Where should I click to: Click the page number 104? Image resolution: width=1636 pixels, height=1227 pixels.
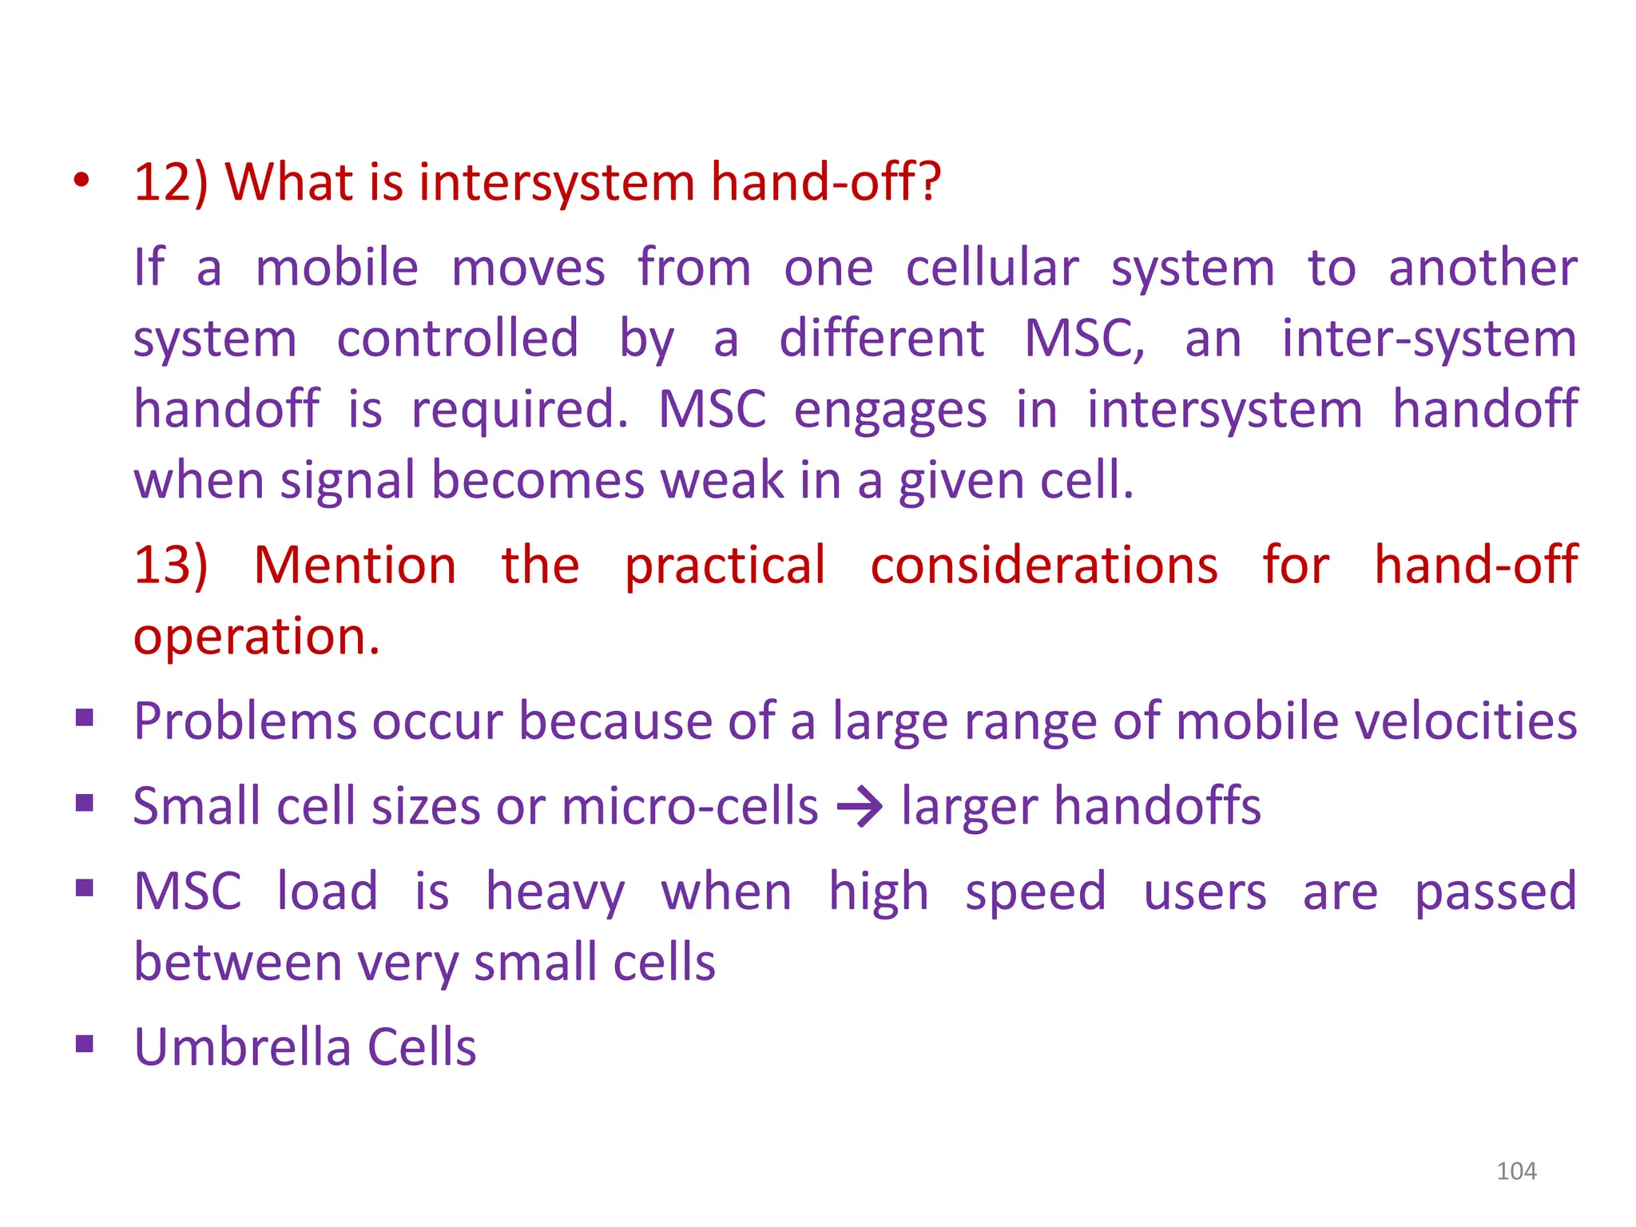click(1515, 1171)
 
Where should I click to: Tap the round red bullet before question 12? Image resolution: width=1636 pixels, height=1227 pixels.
click(81, 181)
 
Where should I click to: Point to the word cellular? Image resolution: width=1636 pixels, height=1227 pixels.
click(991, 268)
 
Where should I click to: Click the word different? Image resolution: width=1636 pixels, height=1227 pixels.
click(880, 339)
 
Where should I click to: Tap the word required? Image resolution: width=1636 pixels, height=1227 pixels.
click(519, 411)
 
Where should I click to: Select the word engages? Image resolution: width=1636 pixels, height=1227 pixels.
click(890, 411)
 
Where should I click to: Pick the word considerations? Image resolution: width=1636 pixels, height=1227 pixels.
click(1043, 566)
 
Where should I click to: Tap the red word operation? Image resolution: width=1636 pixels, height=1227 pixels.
click(256, 637)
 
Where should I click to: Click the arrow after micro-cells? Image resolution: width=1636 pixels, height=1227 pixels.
click(860, 808)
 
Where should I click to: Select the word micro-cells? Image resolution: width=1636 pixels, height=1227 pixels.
click(689, 807)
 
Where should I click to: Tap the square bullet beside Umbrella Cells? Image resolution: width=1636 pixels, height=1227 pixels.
click(85, 1044)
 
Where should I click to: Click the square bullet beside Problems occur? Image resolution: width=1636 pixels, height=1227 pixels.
click(85, 718)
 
